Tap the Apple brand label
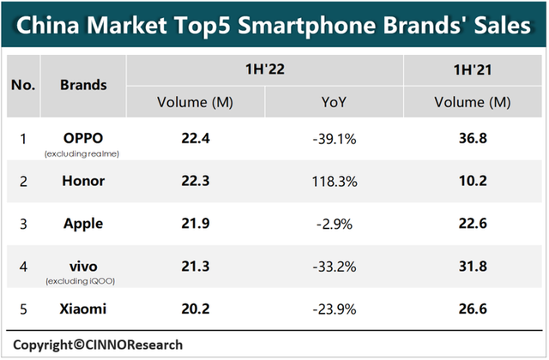(83, 224)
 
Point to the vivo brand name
(83, 264)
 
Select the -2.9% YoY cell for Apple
(334, 224)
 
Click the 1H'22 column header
(264, 69)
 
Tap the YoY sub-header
(334, 102)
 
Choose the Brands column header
(83, 85)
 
